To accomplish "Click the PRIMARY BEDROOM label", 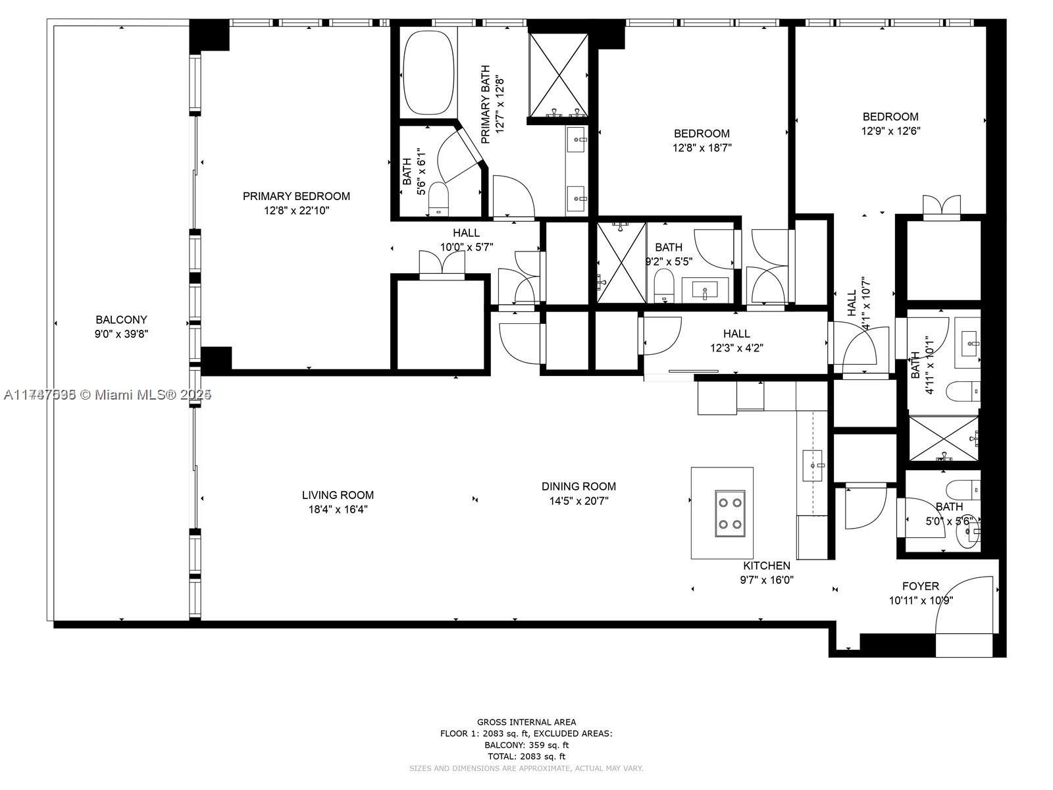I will pyautogui.click(x=296, y=196).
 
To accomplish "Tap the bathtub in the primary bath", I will pyautogui.click(x=428, y=73).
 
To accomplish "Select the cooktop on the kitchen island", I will pyautogui.click(x=730, y=513).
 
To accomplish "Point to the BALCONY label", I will pyautogui.click(x=121, y=320).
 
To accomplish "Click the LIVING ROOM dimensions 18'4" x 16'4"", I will pyautogui.click(x=338, y=510).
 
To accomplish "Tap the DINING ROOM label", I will pyautogui.click(x=578, y=487).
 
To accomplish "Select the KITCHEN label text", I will pyautogui.click(x=767, y=566).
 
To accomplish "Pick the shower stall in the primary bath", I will pyautogui.click(x=558, y=74).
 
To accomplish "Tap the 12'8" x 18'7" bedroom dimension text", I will pyautogui.click(x=702, y=148).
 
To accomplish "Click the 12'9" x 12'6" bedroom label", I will pyautogui.click(x=890, y=117).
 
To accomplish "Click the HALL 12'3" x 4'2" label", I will pyautogui.click(x=736, y=334).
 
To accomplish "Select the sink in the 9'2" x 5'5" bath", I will pyautogui.click(x=705, y=288).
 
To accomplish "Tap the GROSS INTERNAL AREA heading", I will pyautogui.click(x=526, y=722).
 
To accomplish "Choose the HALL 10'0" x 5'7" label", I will pyautogui.click(x=466, y=233).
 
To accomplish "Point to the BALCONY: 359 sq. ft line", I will pyautogui.click(x=526, y=745).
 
